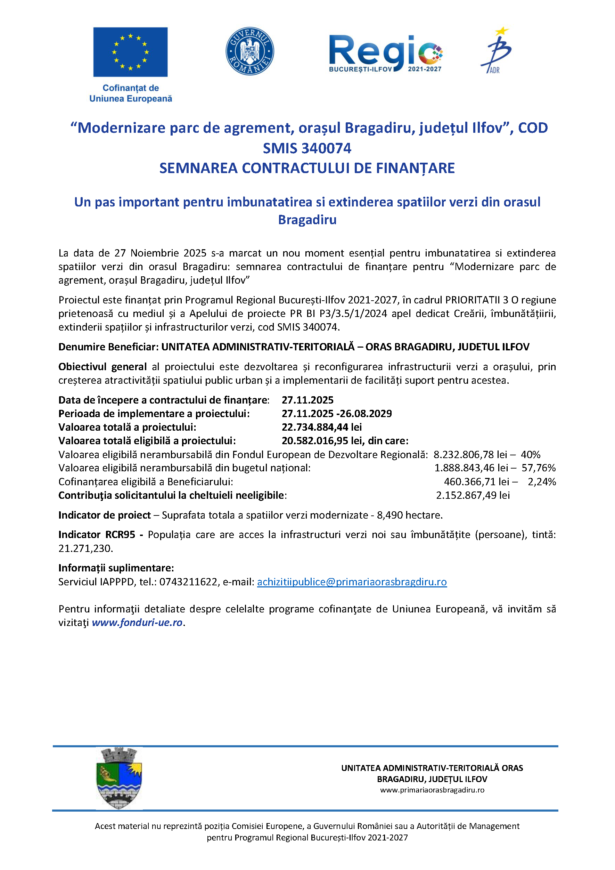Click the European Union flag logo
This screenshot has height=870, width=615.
click(130, 52)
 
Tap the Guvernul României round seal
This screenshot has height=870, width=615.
click(249, 51)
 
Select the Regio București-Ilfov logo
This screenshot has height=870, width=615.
click(386, 54)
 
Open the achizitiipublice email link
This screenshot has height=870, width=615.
click(352, 582)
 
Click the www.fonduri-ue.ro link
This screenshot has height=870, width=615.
click(137, 623)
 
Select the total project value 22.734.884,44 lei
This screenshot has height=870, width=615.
click(321, 427)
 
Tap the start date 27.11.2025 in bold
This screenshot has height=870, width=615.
click(307, 400)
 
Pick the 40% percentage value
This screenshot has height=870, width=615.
click(530, 454)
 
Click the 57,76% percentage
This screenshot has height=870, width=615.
click(539, 468)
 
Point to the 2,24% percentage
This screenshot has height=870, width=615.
click(542, 482)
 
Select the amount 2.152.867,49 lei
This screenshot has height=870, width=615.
click(473, 495)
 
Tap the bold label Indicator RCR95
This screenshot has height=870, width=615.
click(97, 535)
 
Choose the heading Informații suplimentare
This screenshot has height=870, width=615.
click(116, 568)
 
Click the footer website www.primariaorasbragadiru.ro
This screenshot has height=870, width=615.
click(432, 790)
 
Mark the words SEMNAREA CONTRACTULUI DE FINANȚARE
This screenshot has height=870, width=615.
click(307, 168)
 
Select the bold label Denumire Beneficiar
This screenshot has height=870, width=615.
click(108, 347)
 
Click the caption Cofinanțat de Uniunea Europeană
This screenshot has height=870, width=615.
click(131, 93)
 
